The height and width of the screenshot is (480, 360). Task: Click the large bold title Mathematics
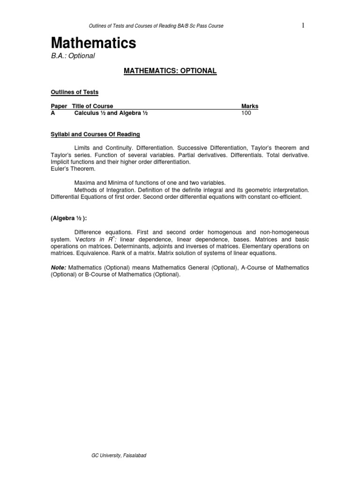pyautogui.click(x=93, y=44)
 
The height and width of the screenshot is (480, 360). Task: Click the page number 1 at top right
pyautogui.click(x=303, y=25)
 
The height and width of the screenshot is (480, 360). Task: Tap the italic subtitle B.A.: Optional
pyautogui.click(x=73, y=56)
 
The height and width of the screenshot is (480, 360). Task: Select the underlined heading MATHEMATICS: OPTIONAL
pyautogui.click(x=170, y=71)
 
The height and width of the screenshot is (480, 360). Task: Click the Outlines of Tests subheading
pyautogui.click(x=75, y=92)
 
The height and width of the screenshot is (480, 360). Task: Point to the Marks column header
pyautogui.click(x=249, y=106)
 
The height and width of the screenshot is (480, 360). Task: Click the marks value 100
pyautogui.click(x=247, y=113)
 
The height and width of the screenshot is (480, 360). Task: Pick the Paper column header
pyautogui.click(x=59, y=106)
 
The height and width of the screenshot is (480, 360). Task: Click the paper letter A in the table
pyautogui.click(x=53, y=113)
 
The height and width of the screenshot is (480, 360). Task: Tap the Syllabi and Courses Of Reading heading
pyautogui.click(x=95, y=135)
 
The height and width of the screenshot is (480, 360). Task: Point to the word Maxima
pyautogui.click(x=83, y=182)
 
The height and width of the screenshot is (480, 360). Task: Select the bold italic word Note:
pyautogui.click(x=59, y=267)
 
